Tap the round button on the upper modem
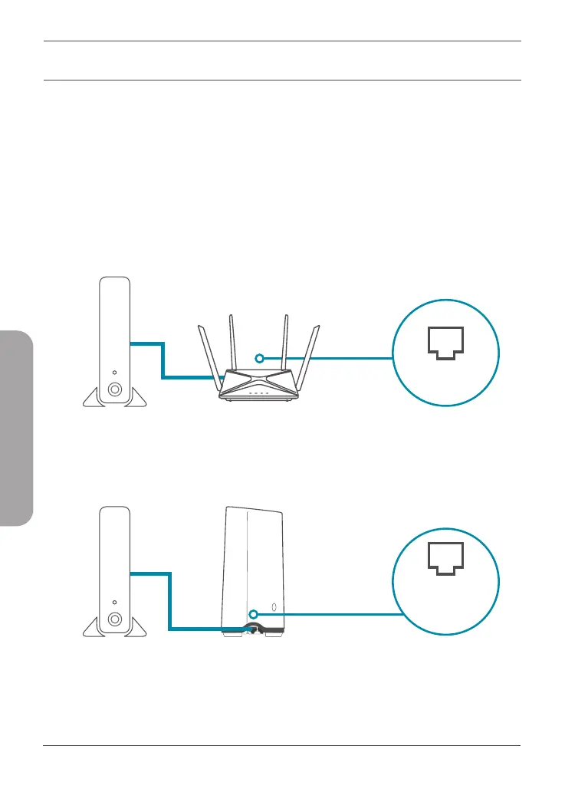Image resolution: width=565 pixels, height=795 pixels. [114, 389]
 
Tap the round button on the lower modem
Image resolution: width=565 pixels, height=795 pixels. [114, 619]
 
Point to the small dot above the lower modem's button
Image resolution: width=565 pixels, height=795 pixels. [114, 601]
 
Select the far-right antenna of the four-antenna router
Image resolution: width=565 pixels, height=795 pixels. [311, 353]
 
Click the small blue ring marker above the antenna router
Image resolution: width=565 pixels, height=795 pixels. [260, 358]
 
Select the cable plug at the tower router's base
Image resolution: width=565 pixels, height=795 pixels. [251, 628]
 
